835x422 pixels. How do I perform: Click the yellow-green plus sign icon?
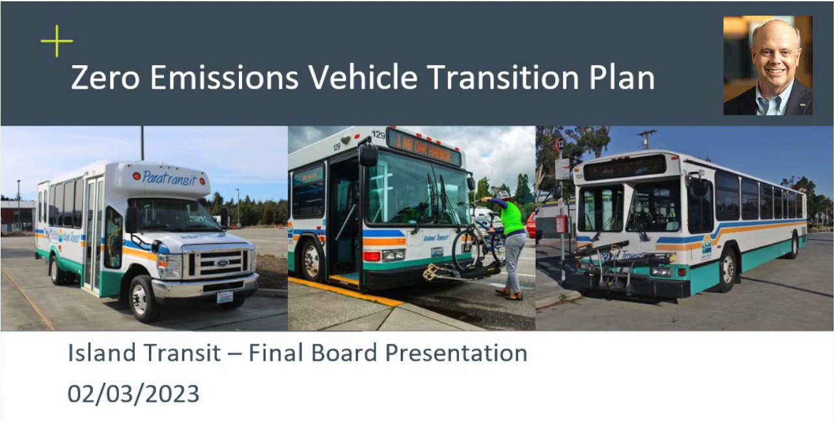click(57, 41)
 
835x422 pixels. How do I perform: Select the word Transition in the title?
click(497, 78)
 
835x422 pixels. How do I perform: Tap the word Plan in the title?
click(616, 78)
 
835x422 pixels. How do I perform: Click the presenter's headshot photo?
click(768, 66)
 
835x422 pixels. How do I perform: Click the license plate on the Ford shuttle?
click(225, 297)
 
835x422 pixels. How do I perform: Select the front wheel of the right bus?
click(728, 269)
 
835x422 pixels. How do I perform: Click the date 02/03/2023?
click(133, 394)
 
